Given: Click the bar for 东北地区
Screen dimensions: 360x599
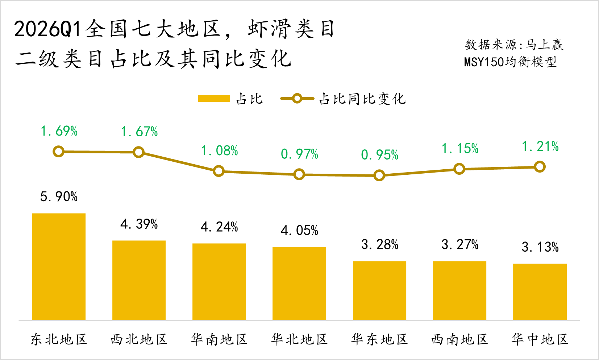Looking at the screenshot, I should pos(59,267).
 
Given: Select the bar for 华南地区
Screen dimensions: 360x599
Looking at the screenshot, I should pos(219,282).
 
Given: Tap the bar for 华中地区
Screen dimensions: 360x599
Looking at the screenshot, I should pos(540,292).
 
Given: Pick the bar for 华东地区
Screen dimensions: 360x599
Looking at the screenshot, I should pos(379,290).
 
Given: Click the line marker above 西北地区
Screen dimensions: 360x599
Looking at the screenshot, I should pos(138,152).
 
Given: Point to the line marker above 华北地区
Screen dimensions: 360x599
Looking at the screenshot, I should pos(299,174).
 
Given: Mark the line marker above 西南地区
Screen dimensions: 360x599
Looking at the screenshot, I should pos(459,169).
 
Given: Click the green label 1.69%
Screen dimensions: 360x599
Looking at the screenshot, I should pos(59,131).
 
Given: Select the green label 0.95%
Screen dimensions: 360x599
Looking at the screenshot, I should pos(379,155).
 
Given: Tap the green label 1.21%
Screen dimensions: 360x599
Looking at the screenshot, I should pos(540,146).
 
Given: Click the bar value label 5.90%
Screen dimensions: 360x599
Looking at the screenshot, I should pos(59,197).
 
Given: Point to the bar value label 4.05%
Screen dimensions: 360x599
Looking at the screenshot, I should pos(299,231).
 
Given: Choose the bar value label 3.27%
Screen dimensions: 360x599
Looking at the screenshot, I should pos(460,245).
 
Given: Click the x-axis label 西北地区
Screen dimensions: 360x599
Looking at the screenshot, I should pos(139,340).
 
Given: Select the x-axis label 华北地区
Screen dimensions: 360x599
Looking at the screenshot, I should pos(299,340).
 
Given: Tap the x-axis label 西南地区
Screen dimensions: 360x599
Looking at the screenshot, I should pos(460,340).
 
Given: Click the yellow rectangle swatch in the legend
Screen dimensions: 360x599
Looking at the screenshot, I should pos(214,99).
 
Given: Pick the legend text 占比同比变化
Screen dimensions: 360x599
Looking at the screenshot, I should pos(362,99).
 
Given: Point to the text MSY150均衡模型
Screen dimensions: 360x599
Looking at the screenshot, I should pos(510,62).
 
